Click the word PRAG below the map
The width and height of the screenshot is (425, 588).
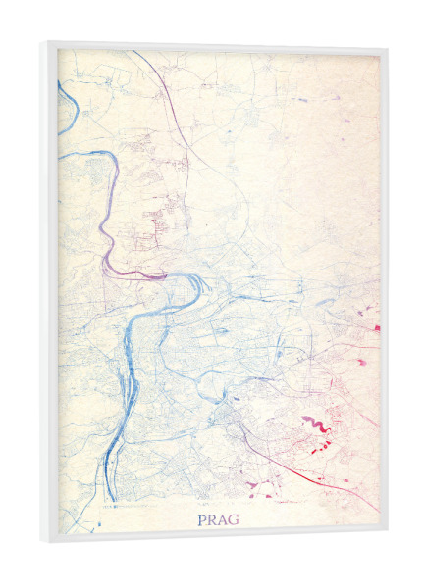pos(217,518)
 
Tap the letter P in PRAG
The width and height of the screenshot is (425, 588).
pos(202,518)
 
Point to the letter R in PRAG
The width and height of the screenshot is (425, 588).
pos(212,518)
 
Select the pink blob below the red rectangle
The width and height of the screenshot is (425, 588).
pos(360,362)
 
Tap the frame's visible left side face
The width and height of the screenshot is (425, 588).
pos(48,294)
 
